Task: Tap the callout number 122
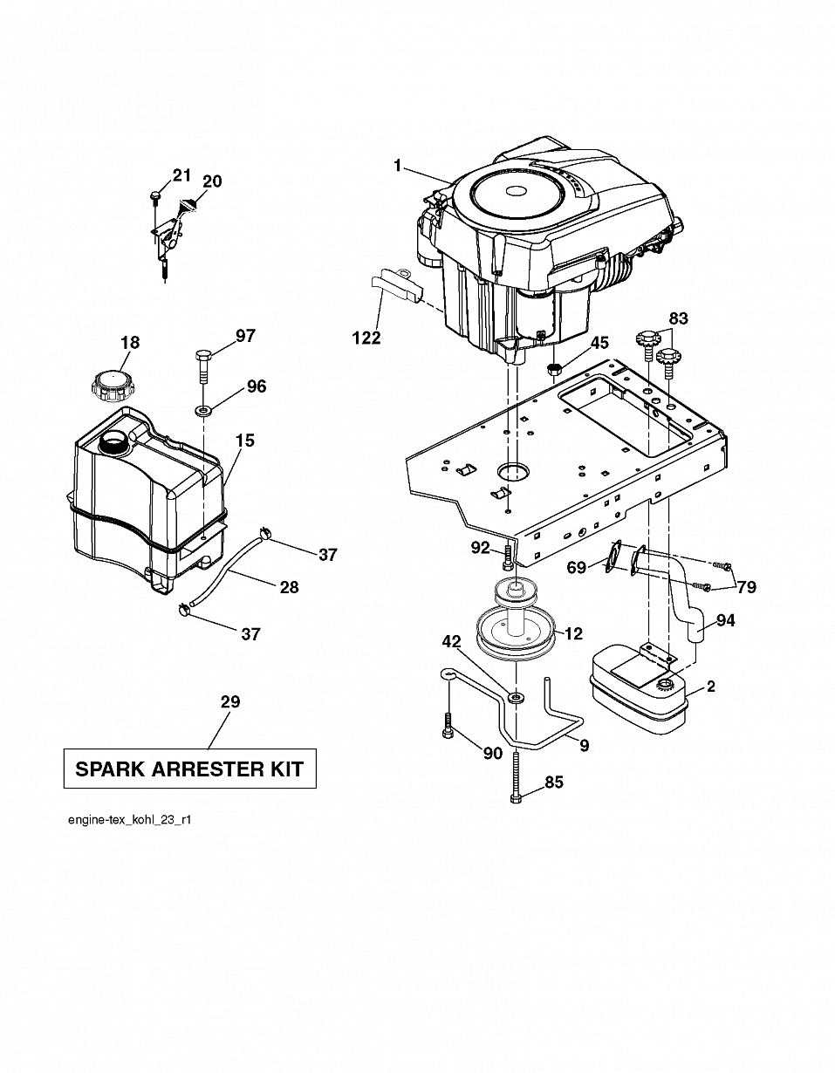click(366, 338)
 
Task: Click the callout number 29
click(230, 701)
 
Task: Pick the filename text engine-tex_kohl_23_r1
click(129, 820)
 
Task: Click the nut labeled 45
click(555, 368)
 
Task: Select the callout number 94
click(725, 620)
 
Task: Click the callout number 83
click(679, 318)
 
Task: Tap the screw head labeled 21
click(154, 195)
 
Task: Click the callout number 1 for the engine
click(398, 166)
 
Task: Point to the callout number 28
click(290, 587)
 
